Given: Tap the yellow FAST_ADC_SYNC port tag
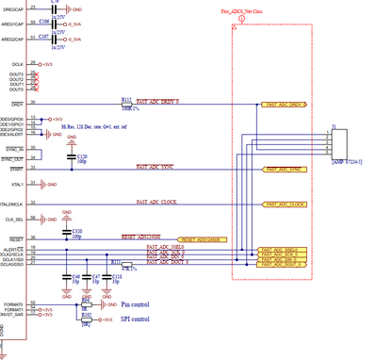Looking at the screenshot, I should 284,170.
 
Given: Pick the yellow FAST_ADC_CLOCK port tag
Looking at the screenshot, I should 284,204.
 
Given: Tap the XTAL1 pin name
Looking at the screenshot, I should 16,185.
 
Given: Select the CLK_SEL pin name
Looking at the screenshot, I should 14,220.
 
